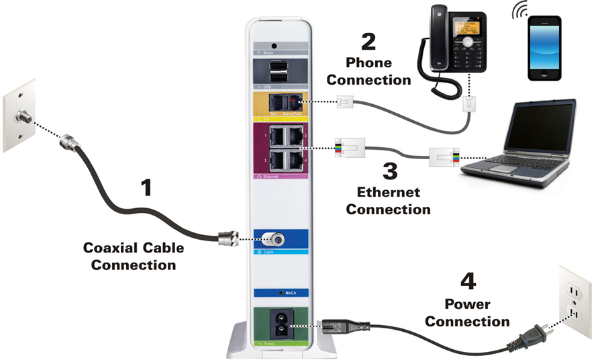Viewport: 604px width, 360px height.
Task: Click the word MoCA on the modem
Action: coord(293,294)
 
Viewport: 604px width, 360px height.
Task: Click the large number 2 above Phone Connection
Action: coord(368,42)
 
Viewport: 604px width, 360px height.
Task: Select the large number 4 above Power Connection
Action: coord(468,282)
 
